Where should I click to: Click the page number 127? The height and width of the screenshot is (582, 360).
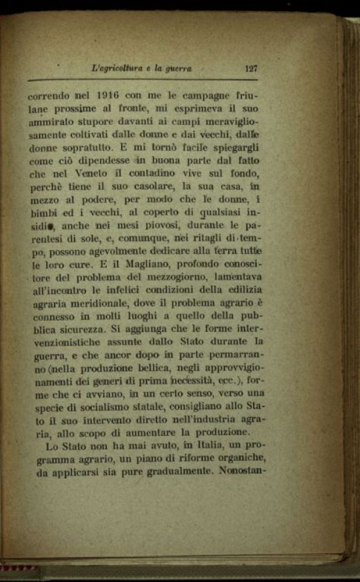(252, 69)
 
